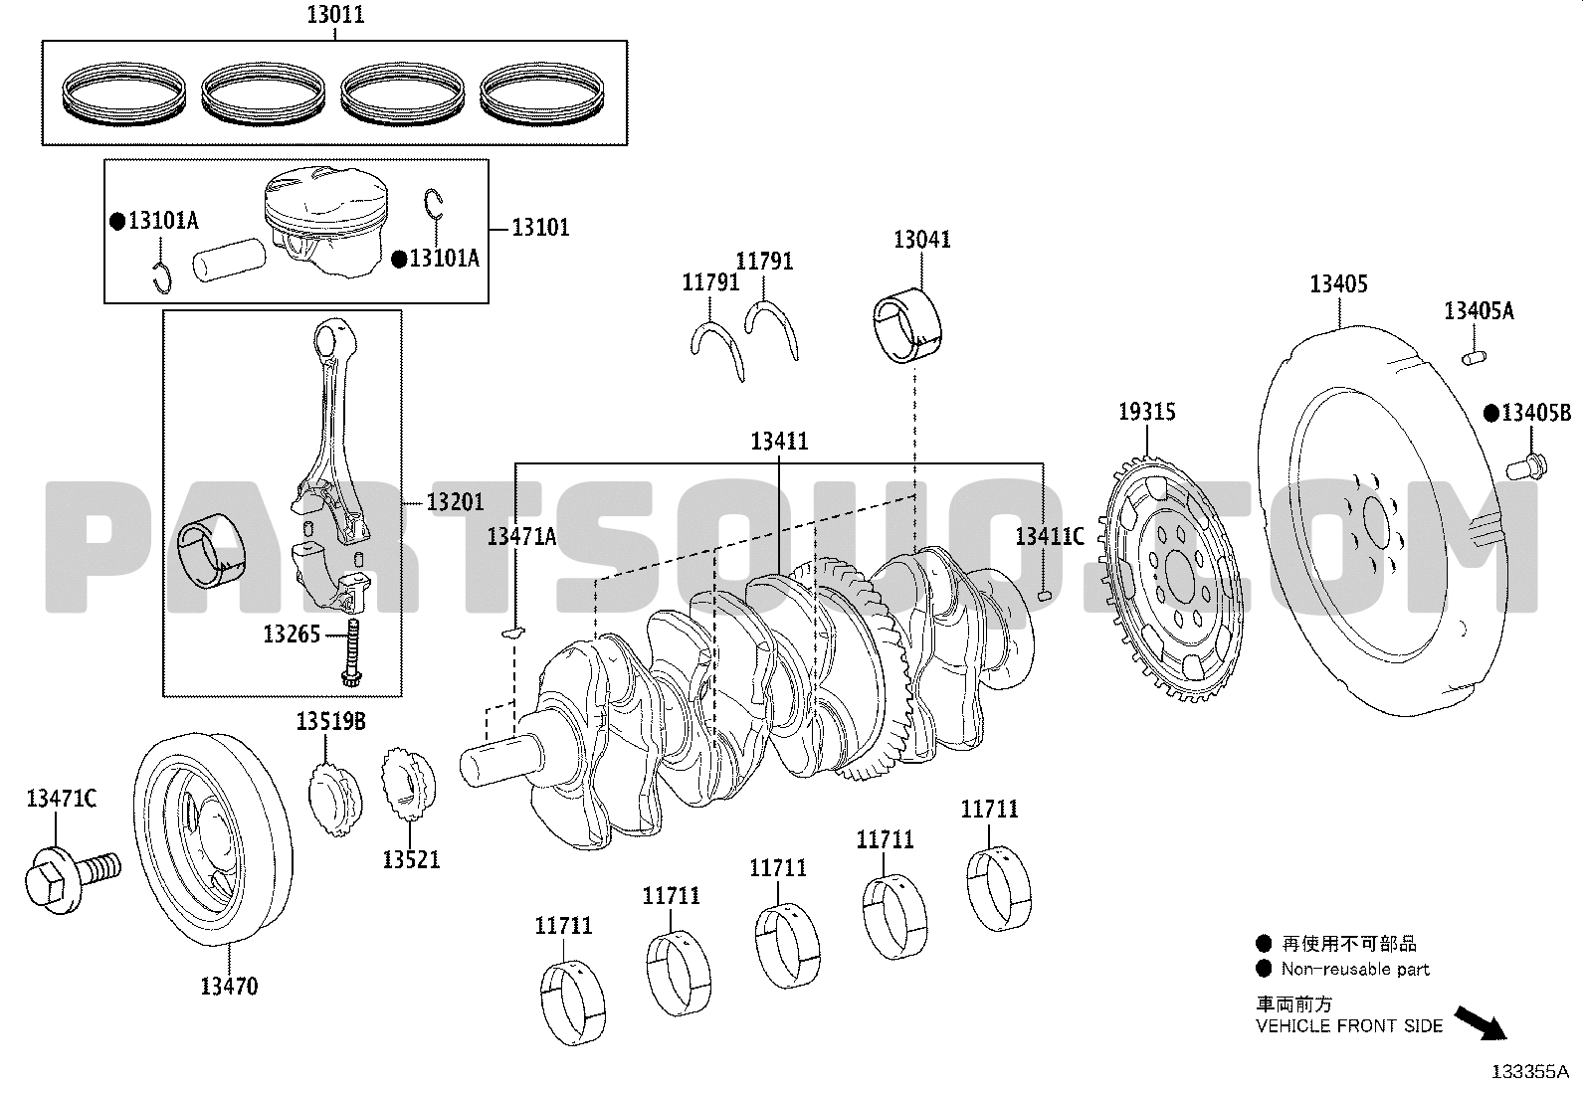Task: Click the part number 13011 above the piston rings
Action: pyautogui.click(x=335, y=15)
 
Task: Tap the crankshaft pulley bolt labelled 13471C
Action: pyautogui.click(x=72, y=877)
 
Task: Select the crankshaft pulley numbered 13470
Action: pyautogui.click(x=212, y=838)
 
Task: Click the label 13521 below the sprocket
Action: pyautogui.click(x=411, y=859)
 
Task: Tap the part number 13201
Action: pyautogui.click(x=456, y=502)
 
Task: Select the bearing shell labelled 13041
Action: pyautogui.click(x=907, y=325)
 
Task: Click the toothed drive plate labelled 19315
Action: pyautogui.click(x=1170, y=580)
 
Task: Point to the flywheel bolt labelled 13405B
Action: pyautogui.click(x=1526, y=466)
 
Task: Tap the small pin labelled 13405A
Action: pyautogui.click(x=1474, y=358)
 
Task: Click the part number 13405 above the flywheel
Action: pyautogui.click(x=1338, y=284)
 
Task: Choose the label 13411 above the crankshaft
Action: pyautogui.click(x=779, y=442)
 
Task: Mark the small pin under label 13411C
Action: pyautogui.click(x=1045, y=596)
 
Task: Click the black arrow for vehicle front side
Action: pyautogui.click(x=1481, y=1023)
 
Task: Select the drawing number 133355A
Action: pyautogui.click(x=1529, y=1072)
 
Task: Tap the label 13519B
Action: pyautogui.click(x=330, y=721)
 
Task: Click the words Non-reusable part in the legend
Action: pyautogui.click(x=1355, y=969)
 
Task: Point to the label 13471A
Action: pyautogui.click(x=521, y=537)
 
